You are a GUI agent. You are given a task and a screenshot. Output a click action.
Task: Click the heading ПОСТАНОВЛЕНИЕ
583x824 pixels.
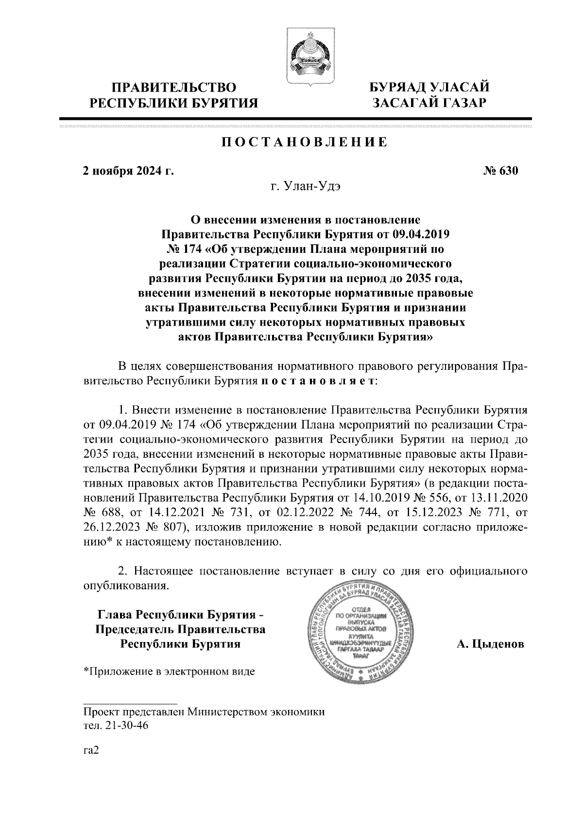point(305,143)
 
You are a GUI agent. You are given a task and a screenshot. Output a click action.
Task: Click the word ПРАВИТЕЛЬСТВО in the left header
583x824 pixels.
point(174,88)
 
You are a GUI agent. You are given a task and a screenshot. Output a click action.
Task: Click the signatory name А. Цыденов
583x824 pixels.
point(490,645)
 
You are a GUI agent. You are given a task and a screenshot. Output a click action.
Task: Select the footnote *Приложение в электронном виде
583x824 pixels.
point(169,672)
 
